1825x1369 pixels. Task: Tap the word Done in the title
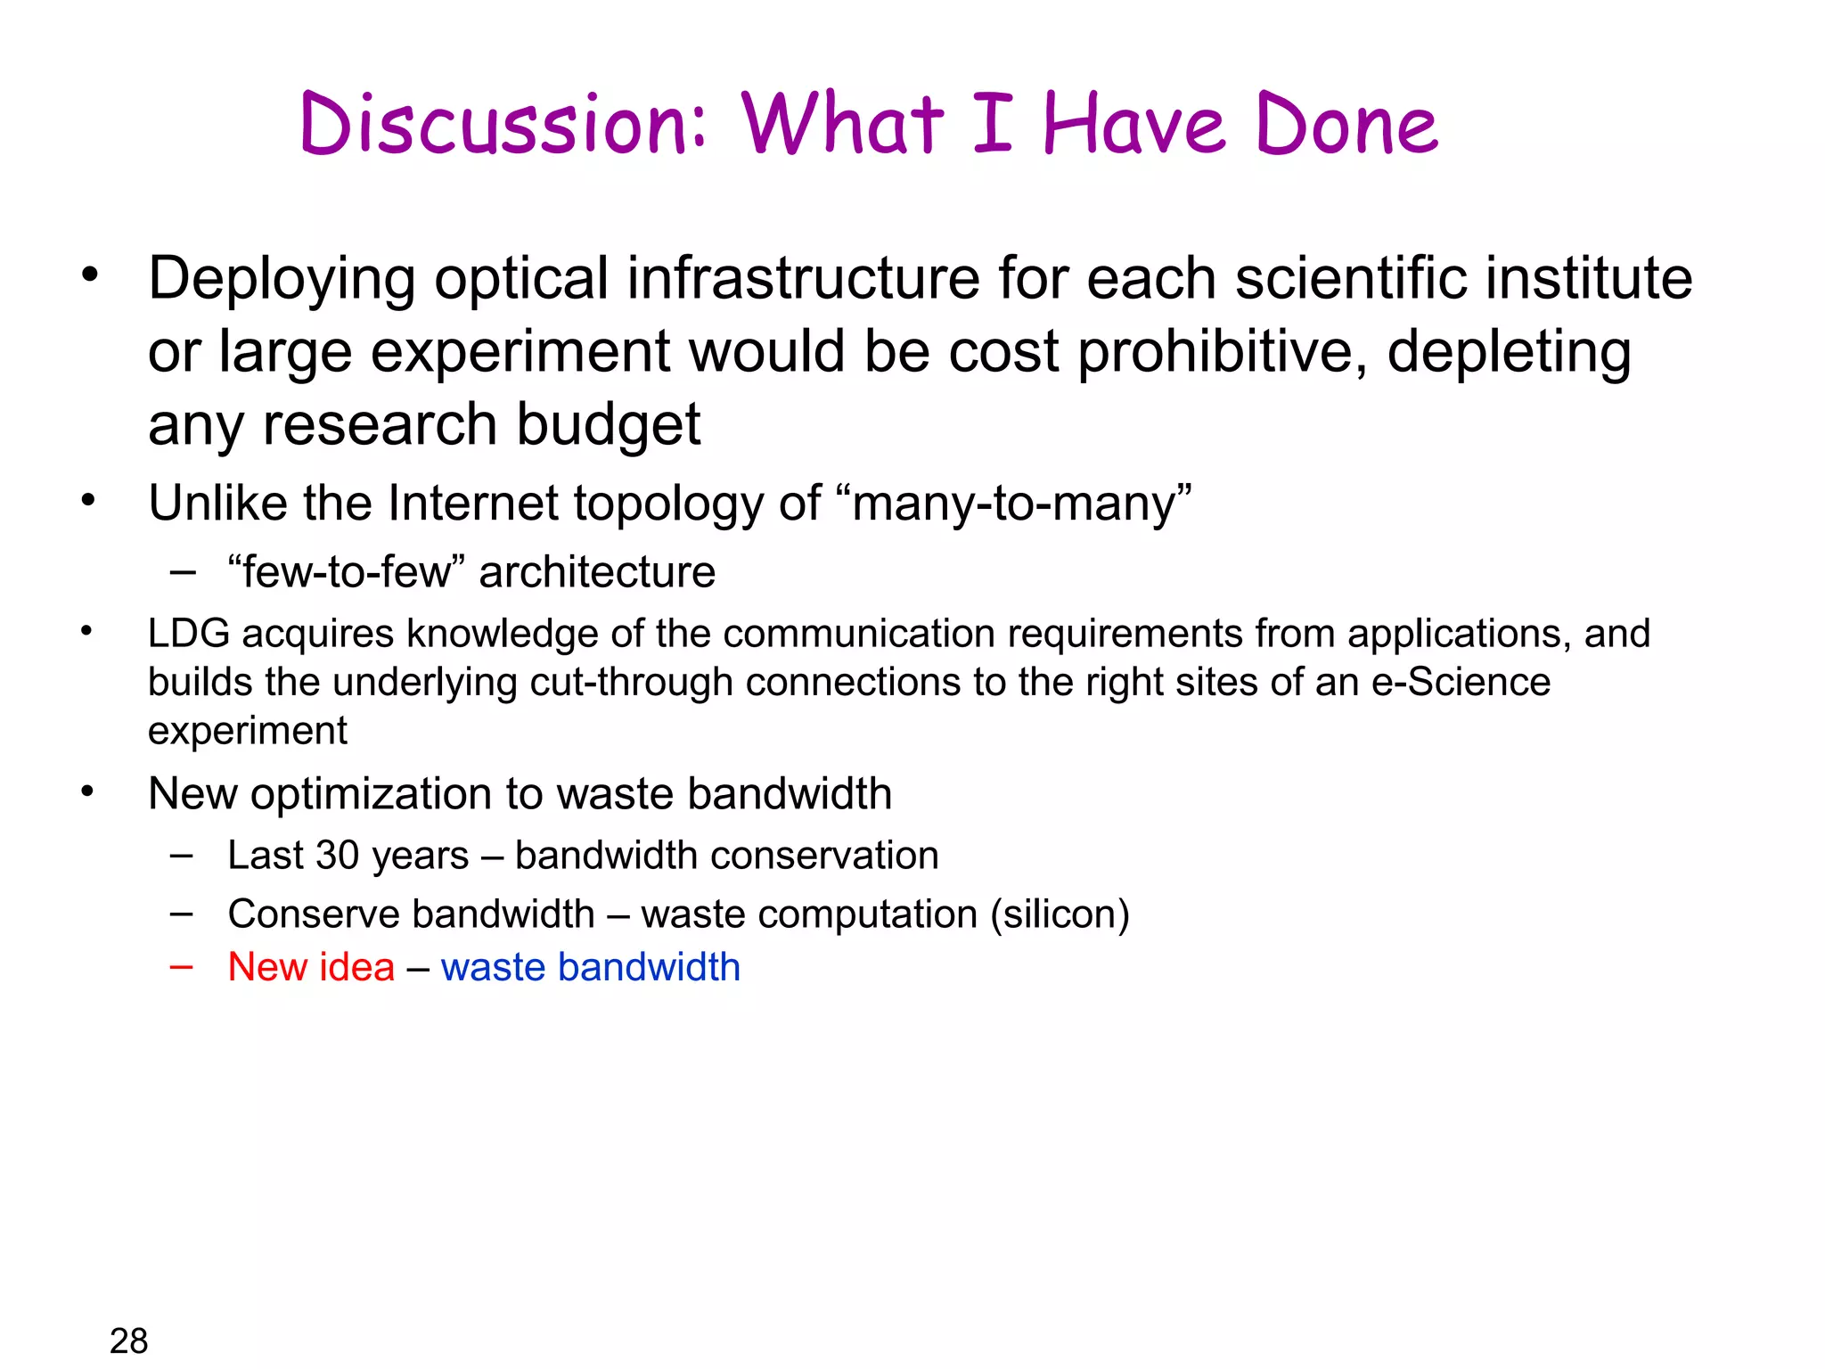click(x=1346, y=125)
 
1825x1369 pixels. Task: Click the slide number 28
click(x=128, y=1340)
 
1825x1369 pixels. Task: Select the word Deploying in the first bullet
click(x=282, y=280)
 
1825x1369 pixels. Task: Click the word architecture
click(x=597, y=572)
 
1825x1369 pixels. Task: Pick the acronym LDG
click(x=189, y=634)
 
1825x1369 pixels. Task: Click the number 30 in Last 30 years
click(x=338, y=856)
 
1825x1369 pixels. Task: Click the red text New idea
click(x=311, y=968)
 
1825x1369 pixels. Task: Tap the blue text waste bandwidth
click(x=590, y=968)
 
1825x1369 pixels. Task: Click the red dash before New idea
click(x=182, y=966)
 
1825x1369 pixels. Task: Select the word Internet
click(x=472, y=504)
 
